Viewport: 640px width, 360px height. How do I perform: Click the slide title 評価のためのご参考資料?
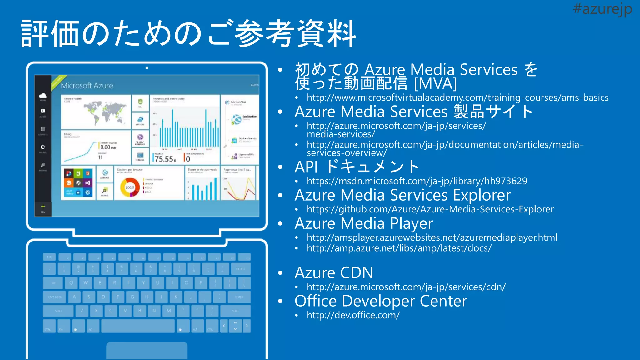click(x=188, y=34)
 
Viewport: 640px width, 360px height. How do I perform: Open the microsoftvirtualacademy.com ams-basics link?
click(x=457, y=97)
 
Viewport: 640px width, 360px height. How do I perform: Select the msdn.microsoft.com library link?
click(x=417, y=181)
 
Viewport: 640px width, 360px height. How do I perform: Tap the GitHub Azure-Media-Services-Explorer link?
click(x=430, y=209)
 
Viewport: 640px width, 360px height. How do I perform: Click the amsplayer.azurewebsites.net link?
click(x=432, y=237)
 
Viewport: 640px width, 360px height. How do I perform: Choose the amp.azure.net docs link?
click(x=399, y=248)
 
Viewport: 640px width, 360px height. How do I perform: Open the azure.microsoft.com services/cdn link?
click(x=406, y=287)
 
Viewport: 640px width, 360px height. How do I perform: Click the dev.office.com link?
click(x=353, y=315)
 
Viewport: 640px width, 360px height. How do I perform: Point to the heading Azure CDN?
click(x=334, y=272)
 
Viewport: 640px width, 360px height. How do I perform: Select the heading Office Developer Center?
click(x=381, y=301)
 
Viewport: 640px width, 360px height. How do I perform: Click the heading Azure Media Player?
click(x=364, y=223)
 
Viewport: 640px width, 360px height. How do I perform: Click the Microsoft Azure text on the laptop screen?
click(x=87, y=86)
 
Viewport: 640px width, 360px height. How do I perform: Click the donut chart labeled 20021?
click(x=130, y=187)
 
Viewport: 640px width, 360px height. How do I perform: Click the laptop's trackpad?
click(x=147, y=351)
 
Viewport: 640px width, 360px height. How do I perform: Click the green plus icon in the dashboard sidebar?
click(x=43, y=207)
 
